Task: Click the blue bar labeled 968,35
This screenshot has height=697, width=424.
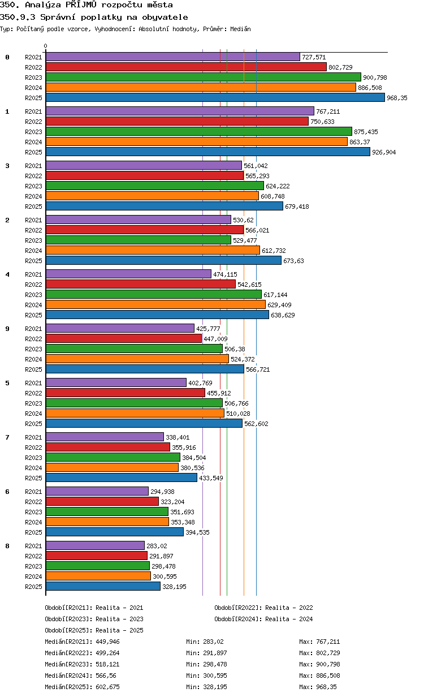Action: (215, 98)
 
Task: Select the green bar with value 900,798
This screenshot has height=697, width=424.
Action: (204, 77)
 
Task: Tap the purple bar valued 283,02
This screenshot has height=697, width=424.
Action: (95, 546)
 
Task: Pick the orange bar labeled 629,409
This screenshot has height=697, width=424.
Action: (155, 304)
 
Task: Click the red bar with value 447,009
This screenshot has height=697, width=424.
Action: (124, 338)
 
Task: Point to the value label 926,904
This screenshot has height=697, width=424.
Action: (384, 152)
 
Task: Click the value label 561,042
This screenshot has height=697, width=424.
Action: (256, 166)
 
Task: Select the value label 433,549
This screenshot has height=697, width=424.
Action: (211, 478)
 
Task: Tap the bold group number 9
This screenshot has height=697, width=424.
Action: (7, 329)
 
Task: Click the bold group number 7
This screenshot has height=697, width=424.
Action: (7, 437)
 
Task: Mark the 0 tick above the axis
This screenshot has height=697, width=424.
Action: (45, 46)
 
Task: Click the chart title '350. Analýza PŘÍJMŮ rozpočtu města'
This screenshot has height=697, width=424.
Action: (86, 5)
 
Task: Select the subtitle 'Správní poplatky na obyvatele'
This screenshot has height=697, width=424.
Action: (114, 17)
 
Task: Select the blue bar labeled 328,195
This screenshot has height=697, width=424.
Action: (103, 587)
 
